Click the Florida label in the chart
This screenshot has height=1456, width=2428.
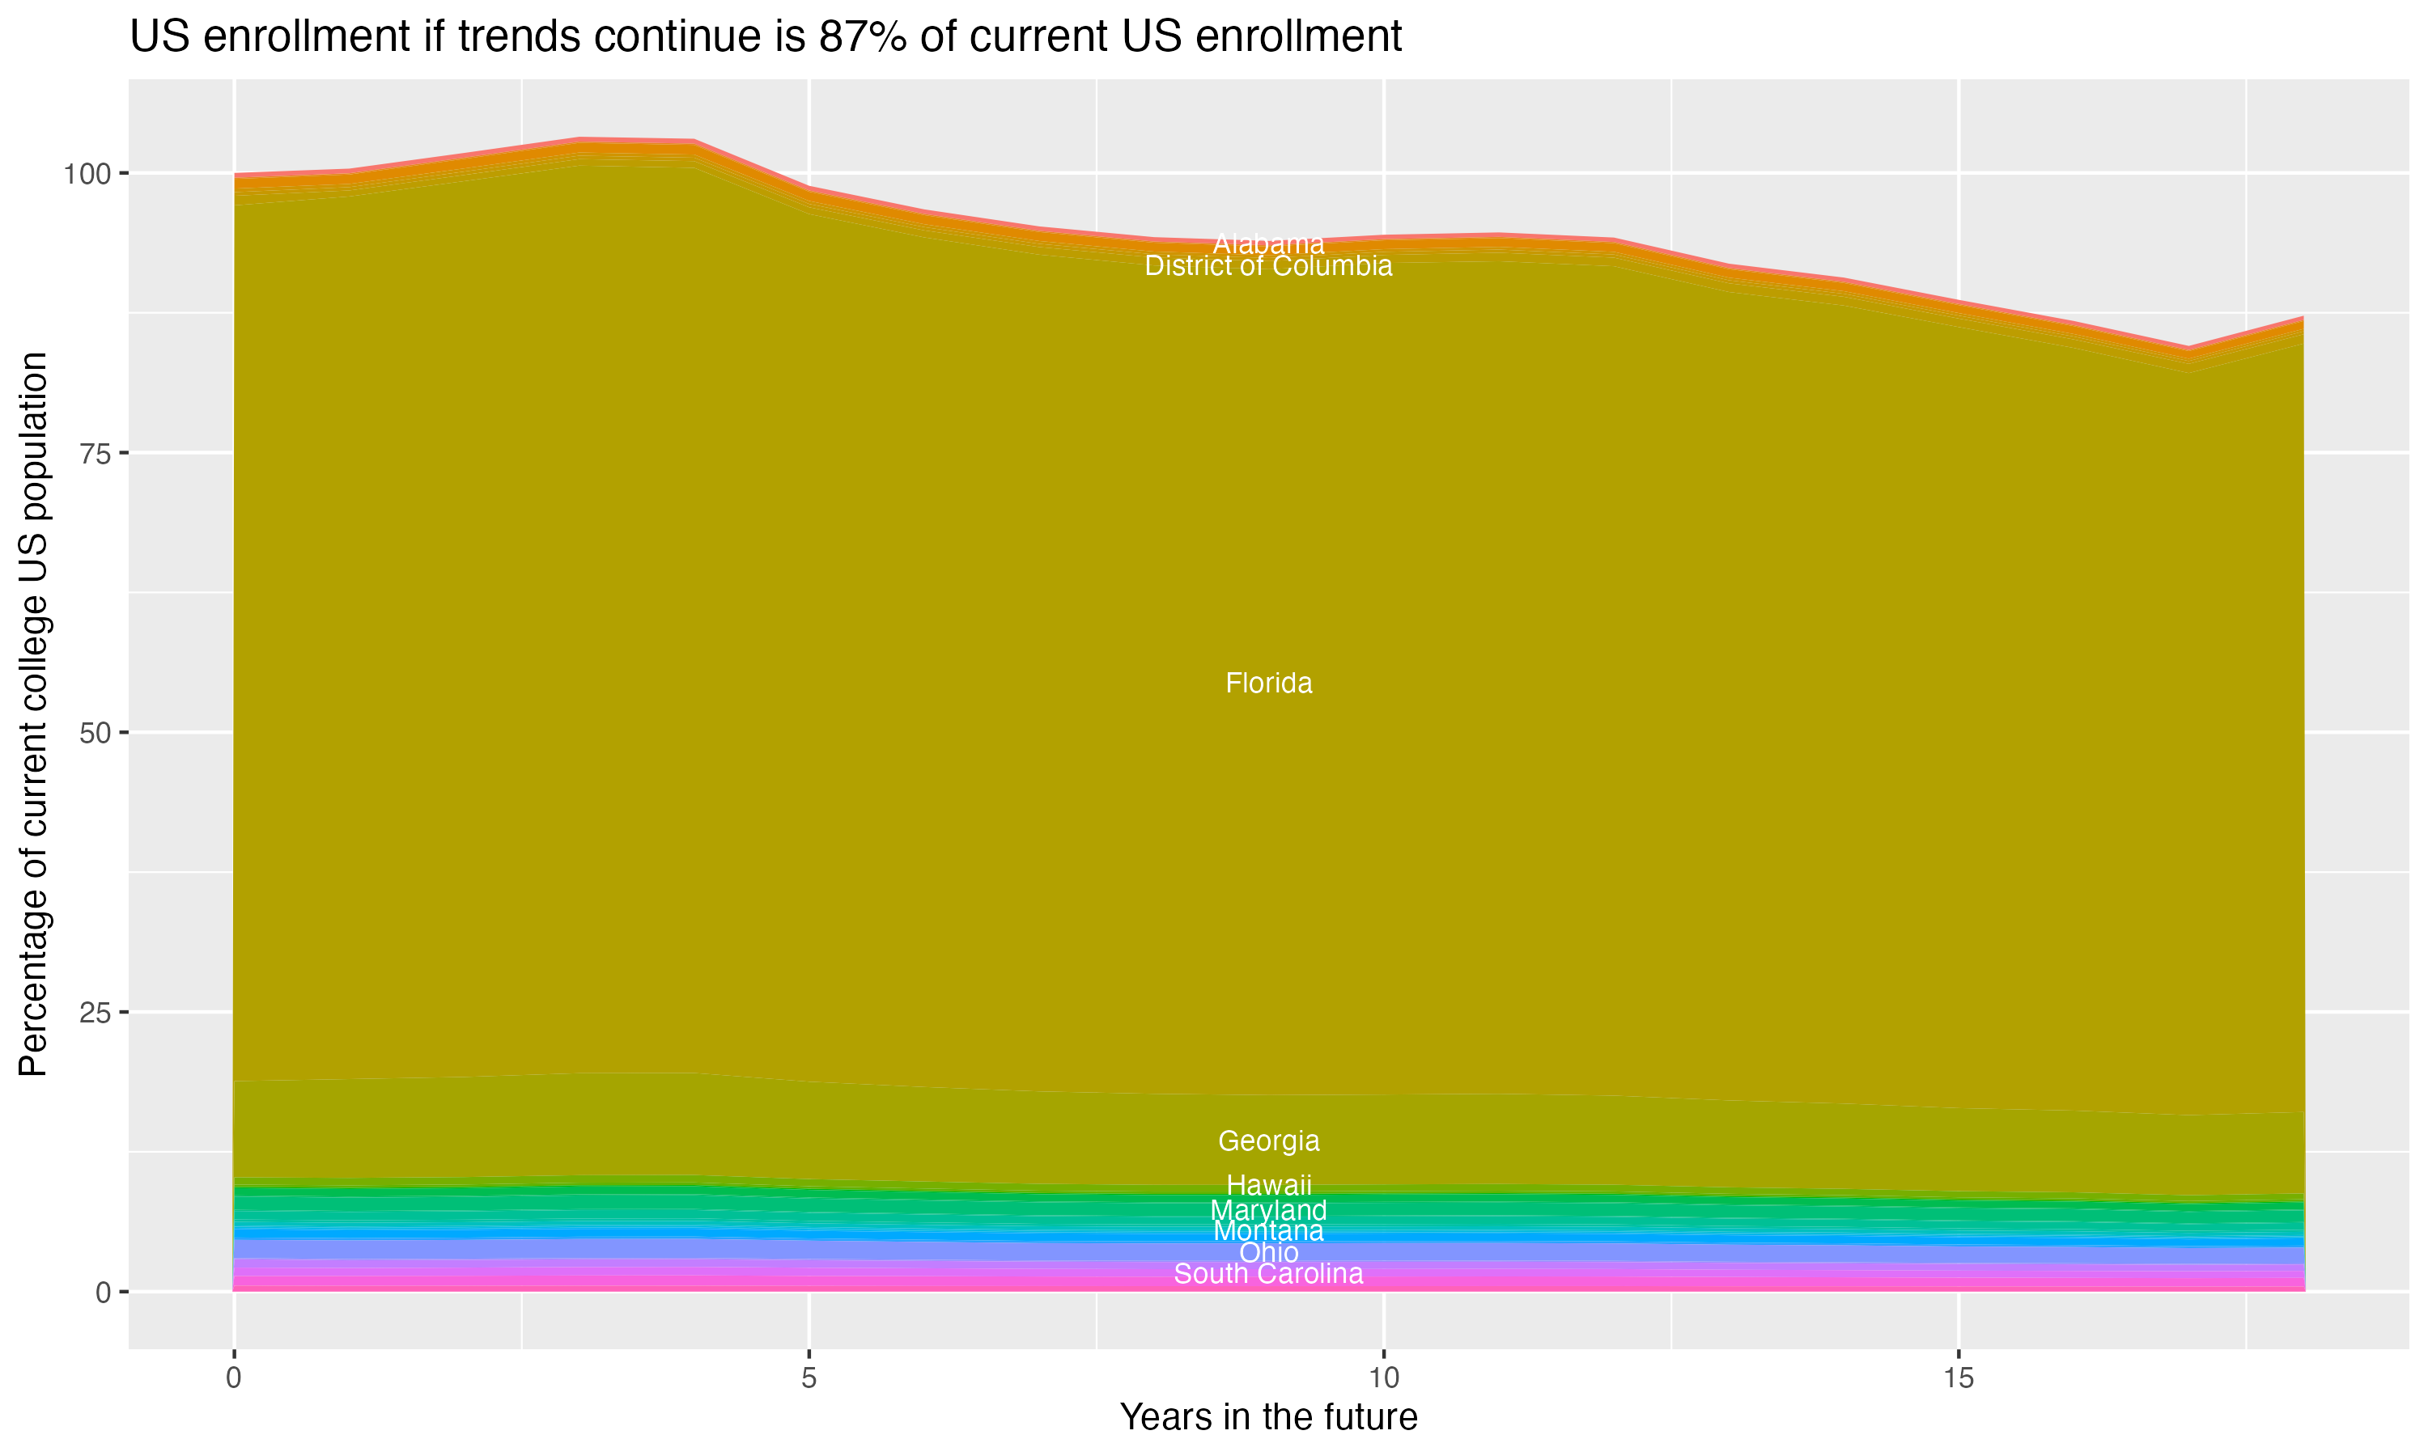tap(1268, 683)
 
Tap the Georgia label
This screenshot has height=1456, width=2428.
tap(1268, 1141)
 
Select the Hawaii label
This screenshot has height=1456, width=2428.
tap(1268, 1185)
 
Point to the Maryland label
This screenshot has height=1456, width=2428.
tap(1268, 1211)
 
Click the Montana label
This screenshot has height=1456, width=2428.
tap(1268, 1231)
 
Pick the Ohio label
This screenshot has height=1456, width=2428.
tap(1268, 1253)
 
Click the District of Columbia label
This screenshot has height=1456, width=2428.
tap(1268, 266)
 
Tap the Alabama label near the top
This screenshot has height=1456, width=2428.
tap(1268, 243)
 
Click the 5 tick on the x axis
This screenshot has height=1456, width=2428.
tap(809, 1378)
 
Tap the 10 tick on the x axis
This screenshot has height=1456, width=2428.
tap(1383, 1378)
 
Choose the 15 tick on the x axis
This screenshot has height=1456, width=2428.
tap(1958, 1378)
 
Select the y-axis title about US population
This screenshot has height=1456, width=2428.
tap(33, 713)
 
